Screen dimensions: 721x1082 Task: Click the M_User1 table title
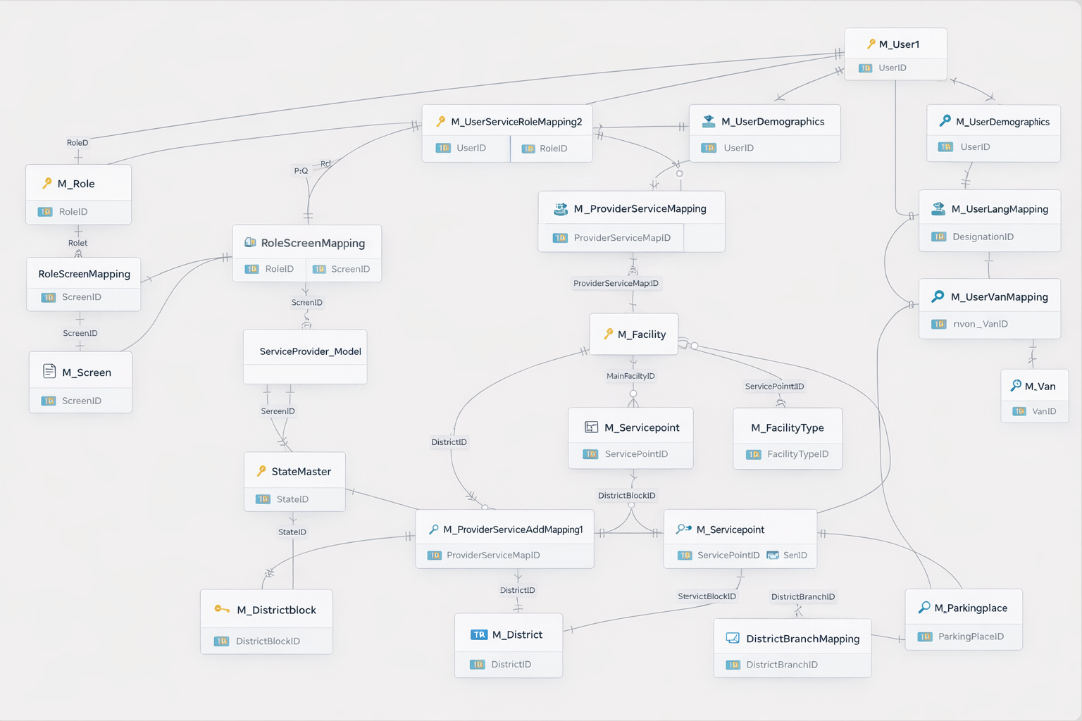pyautogui.click(x=899, y=44)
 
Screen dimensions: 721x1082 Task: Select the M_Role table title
pyautogui.click(x=76, y=184)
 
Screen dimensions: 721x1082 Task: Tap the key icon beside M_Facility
pyautogui.click(x=609, y=334)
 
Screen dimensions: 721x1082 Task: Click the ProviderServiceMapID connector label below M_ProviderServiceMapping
pyautogui.click(x=616, y=284)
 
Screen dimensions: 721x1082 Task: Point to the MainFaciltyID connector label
pyautogui.click(x=630, y=376)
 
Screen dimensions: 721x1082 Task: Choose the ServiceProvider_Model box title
pyautogui.click(x=310, y=351)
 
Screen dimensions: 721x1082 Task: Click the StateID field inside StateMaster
pyautogui.click(x=292, y=499)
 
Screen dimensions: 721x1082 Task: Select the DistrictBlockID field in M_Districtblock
pyautogui.click(x=268, y=641)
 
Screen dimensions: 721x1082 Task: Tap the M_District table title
pyautogui.click(x=517, y=635)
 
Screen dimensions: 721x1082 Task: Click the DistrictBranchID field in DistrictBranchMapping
pyautogui.click(x=781, y=665)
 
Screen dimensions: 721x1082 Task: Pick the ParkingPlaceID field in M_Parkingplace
pyautogui.click(x=971, y=637)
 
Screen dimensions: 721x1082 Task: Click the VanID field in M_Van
pyautogui.click(x=1043, y=411)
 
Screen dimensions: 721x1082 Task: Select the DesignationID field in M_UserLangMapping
pyautogui.click(x=983, y=237)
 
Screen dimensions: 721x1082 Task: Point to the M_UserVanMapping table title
pyautogui.click(x=999, y=297)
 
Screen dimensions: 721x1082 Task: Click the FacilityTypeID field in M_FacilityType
pyautogui.click(x=797, y=454)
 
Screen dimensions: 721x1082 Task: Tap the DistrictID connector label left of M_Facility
pyautogui.click(x=449, y=442)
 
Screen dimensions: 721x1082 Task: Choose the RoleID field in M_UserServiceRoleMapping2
pyautogui.click(x=553, y=149)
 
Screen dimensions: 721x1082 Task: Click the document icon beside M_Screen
pyautogui.click(x=49, y=371)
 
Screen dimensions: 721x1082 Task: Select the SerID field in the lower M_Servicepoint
pyautogui.click(x=795, y=556)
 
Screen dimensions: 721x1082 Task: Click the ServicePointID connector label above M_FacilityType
pyautogui.click(x=774, y=387)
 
